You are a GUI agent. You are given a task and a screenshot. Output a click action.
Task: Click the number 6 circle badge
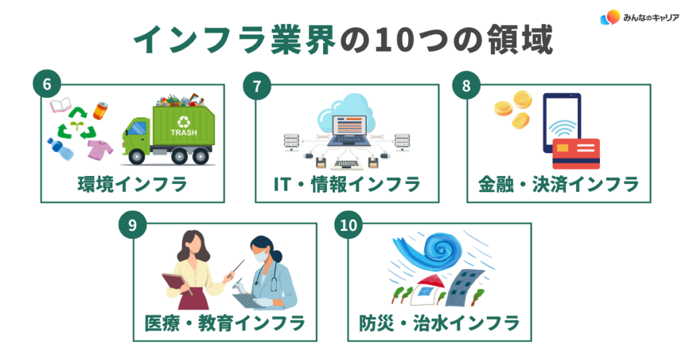46,86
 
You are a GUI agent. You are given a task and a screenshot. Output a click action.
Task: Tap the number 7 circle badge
258,86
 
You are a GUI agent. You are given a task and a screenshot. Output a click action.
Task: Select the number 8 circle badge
468,86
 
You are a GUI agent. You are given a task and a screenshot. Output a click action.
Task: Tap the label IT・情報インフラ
347,184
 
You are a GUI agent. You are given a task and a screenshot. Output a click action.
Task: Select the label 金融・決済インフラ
559,184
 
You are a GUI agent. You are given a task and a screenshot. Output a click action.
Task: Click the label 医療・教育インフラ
225,323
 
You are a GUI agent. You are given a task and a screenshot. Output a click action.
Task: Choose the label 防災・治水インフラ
435,323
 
